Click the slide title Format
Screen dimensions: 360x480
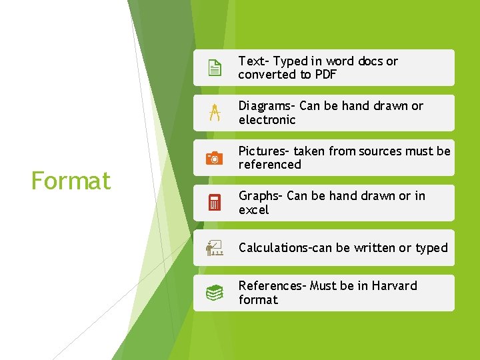[x=71, y=181]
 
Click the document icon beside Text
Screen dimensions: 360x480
[x=214, y=68]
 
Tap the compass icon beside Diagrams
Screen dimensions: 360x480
[x=214, y=113]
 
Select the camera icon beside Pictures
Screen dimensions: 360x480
[x=214, y=158]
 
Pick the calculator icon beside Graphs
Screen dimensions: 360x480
[x=214, y=203]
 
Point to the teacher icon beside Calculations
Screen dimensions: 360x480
[x=214, y=248]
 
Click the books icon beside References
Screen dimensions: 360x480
[x=214, y=293]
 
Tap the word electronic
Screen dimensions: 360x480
[x=267, y=120]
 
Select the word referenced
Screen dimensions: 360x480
[x=270, y=165]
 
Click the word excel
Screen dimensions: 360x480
[x=253, y=210]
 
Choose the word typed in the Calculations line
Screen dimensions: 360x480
[x=431, y=248]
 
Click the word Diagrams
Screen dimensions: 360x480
[x=265, y=106]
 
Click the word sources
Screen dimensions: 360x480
[x=381, y=151]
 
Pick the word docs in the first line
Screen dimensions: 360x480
[x=370, y=61]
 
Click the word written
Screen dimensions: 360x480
[x=373, y=248]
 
